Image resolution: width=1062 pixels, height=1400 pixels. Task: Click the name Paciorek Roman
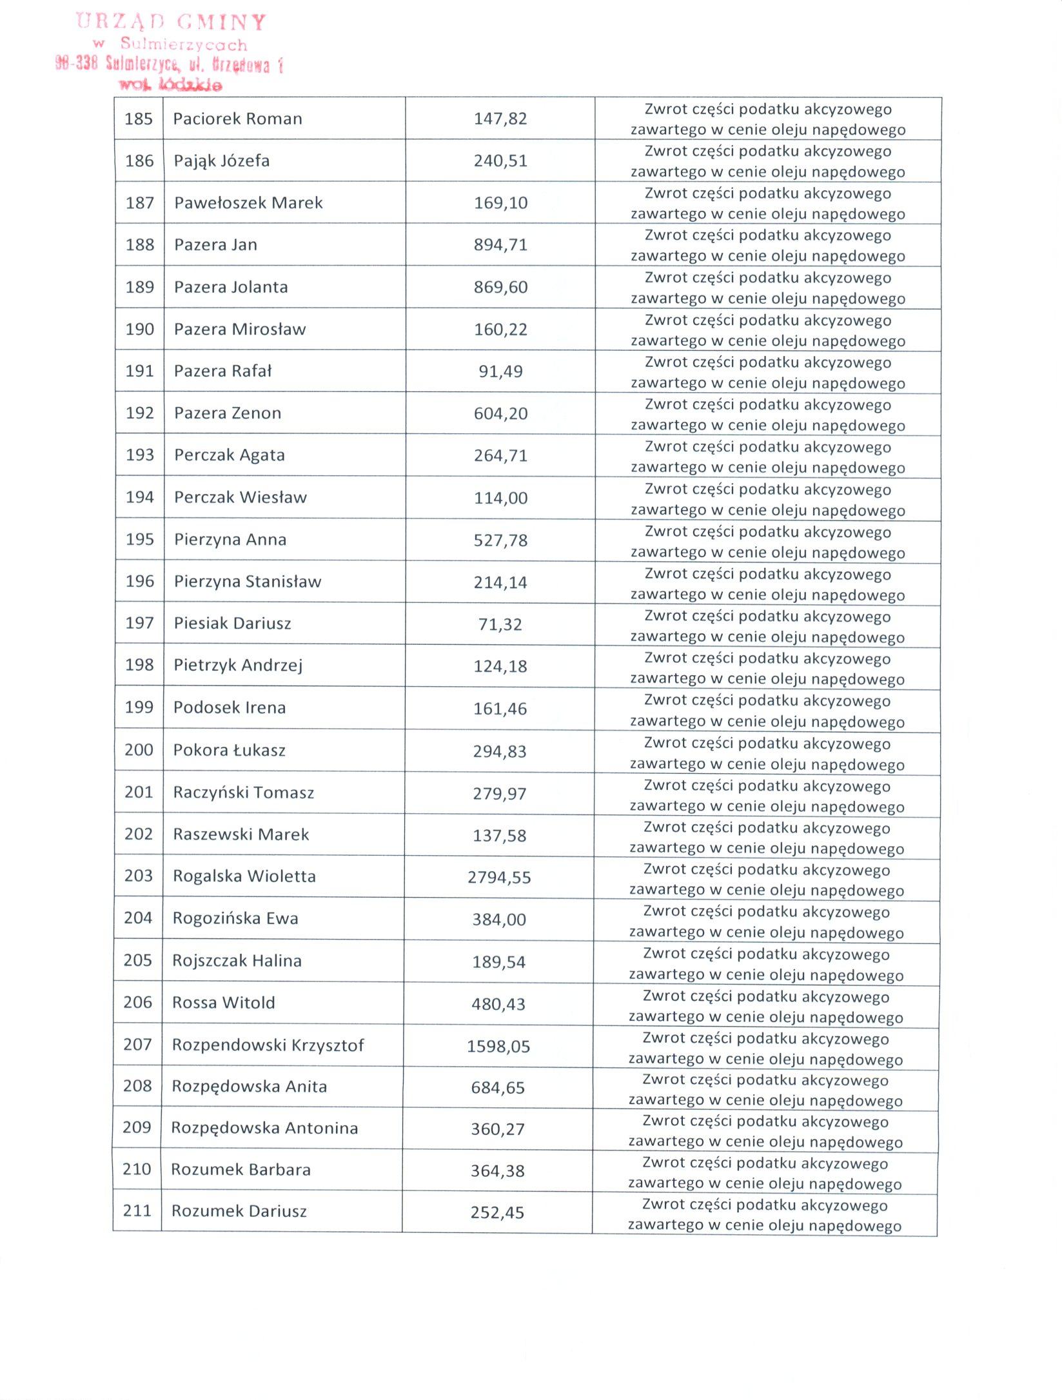click(x=237, y=119)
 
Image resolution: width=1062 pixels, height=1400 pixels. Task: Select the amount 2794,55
click(x=499, y=877)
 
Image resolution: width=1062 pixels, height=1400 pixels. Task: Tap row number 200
click(x=139, y=750)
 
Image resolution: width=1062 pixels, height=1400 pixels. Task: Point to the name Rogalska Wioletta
click(x=244, y=876)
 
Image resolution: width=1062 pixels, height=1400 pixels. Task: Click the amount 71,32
click(x=500, y=624)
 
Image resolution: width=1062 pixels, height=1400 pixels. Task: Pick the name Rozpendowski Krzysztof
click(x=268, y=1045)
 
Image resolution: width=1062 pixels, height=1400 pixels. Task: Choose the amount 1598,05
click(x=498, y=1046)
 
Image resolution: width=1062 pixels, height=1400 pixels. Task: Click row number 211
click(x=137, y=1210)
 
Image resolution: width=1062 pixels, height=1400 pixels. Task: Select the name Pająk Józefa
click(x=222, y=161)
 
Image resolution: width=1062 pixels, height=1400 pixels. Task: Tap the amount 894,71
click(x=500, y=245)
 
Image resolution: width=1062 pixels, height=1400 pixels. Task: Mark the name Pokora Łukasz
click(x=229, y=750)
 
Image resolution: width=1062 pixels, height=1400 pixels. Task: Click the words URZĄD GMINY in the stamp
click(x=171, y=23)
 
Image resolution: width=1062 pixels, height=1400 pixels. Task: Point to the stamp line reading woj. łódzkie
click(x=170, y=84)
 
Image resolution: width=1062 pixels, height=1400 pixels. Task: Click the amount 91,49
click(x=500, y=371)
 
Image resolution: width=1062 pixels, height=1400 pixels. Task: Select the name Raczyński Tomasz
click(x=244, y=793)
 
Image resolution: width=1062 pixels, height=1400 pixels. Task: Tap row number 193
click(x=139, y=455)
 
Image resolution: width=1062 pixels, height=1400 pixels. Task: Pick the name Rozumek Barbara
click(x=241, y=1170)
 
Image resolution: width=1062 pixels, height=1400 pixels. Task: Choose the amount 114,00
click(x=500, y=498)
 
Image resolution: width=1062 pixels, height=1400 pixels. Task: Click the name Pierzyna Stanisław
click(x=248, y=582)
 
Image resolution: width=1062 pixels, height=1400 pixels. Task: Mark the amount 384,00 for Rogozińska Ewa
click(x=499, y=920)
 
